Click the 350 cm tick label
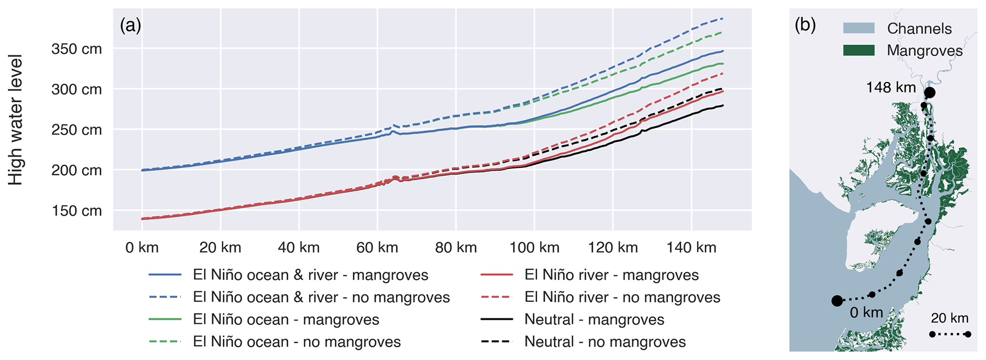pos(76,49)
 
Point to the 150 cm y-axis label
pos(76,211)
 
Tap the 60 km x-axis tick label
pos(377,247)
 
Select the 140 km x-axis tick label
pos(692,247)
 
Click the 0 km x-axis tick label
pos(142,247)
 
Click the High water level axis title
pos(16,120)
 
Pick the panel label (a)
pos(130,25)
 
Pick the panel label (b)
pos(805,25)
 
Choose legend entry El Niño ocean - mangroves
pos(286,319)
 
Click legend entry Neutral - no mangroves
pos(605,342)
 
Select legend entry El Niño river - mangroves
pos(612,275)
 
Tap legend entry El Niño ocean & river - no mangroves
pos(321,298)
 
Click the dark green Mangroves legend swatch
pos(859,51)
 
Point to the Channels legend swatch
pos(859,28)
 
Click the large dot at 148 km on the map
pos(929,93)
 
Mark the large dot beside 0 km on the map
pos(837,301)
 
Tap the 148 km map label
pos(891,88)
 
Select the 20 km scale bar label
pos(949,319)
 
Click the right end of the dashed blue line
pos(723,19)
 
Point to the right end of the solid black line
pos(723,105)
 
